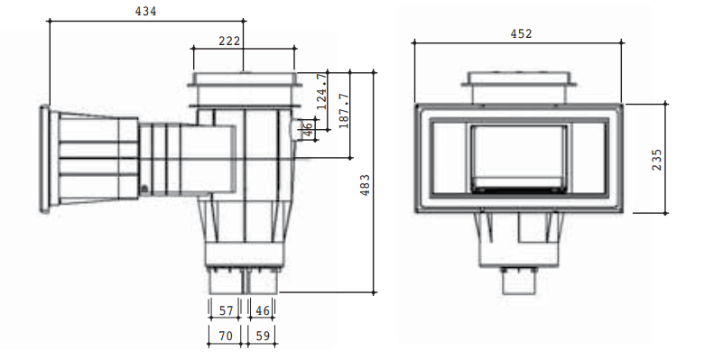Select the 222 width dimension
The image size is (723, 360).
[x=230, y=42]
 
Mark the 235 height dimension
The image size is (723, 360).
[x=656, y=159]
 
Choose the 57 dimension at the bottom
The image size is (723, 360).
[x=226, y=311]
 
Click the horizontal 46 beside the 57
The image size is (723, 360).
[x=263, y=311]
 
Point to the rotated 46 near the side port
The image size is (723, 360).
[x=310, y=131]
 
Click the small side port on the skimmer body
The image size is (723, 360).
[x=295, y=130]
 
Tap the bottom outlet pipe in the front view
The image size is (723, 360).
[x=519, y=282]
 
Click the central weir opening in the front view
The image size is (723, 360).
[x=519, y=157]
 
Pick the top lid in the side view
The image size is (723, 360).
[x=243, y=80]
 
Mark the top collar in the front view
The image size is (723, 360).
[x=519, y=84]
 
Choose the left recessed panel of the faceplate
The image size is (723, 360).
[x=447, y=157]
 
